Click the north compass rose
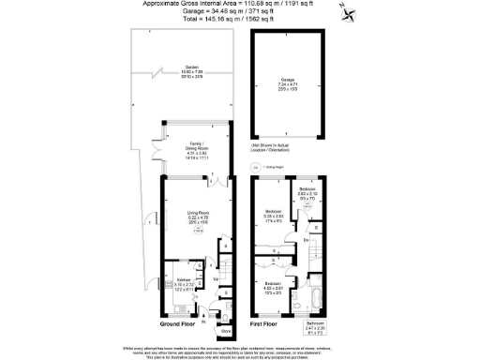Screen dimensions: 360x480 tap(350, 12)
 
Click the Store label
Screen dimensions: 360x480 tap(225, 331)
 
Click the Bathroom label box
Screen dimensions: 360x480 tap(316, 328)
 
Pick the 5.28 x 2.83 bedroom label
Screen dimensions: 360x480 tap(275, 214)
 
